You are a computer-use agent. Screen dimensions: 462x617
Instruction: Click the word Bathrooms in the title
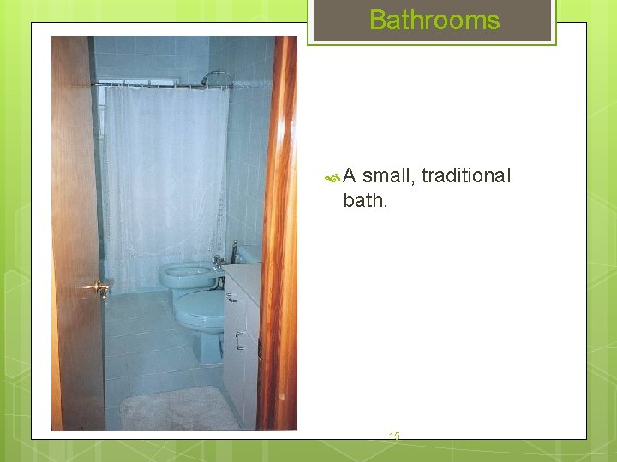(434, 20)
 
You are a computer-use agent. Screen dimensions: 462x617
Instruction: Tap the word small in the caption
(386, 176)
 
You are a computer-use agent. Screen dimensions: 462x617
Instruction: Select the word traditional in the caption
(464, 176)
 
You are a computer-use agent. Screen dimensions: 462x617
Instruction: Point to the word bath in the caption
(363, 200)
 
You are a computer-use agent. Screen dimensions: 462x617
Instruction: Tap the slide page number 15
(394, 436)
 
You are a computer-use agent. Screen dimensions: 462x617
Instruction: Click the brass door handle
(98, 288)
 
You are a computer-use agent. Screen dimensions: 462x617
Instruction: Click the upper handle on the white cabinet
(231, 297)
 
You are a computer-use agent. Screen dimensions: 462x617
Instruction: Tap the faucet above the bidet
(218, 263)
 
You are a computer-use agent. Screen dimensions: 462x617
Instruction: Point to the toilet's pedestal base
(209, 347)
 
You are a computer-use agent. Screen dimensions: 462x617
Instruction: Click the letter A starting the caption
(350, 176)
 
